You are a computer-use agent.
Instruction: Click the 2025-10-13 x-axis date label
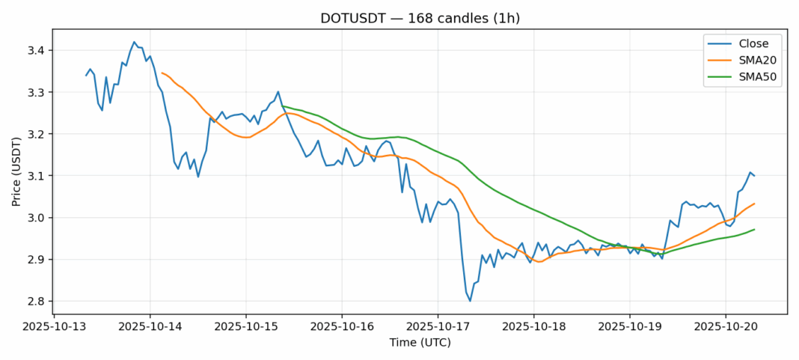click(x=55, y=327)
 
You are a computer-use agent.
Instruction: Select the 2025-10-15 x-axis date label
click(x=246, y=327)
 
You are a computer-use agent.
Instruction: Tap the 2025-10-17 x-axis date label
click(x=438, y=327)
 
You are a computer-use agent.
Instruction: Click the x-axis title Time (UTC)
click(x=420, y=343)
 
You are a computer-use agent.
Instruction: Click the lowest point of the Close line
click(x=470, y=301)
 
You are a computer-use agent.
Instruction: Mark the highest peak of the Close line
click(x=134, y=42)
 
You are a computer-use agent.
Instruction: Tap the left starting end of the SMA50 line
click(x=282, y=106)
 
